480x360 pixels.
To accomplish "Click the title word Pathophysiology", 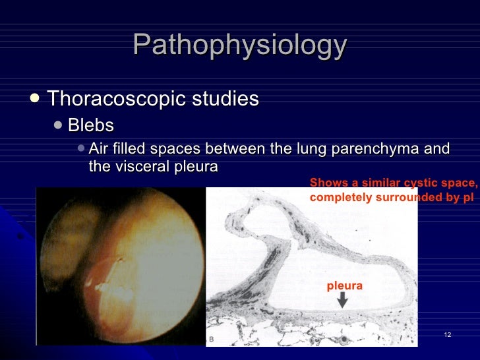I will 239,45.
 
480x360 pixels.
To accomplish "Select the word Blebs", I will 91,125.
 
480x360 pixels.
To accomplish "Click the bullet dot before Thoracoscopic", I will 35,98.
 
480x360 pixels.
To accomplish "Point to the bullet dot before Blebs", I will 58,125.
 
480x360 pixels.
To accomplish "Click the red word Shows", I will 326,183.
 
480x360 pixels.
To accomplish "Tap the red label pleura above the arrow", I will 344,286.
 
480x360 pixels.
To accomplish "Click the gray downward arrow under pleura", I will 342,301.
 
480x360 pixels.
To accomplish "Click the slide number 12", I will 448,336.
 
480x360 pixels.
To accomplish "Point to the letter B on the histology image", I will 211,339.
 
